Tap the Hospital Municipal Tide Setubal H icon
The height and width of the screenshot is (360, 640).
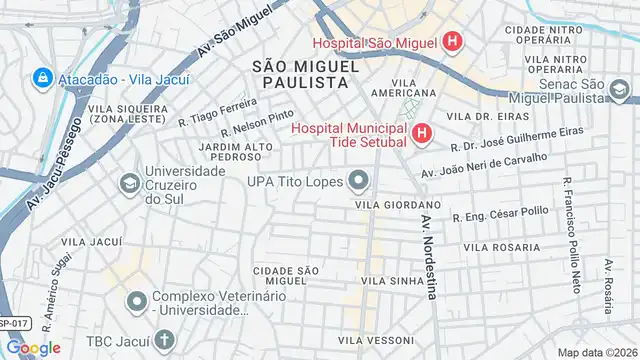tap(422, 133)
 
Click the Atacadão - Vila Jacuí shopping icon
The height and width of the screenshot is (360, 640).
tap(44, 76)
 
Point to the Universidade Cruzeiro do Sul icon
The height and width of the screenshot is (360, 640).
tap(128, 184)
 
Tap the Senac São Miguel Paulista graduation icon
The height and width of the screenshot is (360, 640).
tap(620, 93)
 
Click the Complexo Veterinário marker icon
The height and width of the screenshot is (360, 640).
tap(137, 300)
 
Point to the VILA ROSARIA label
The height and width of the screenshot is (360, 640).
tap(503, 247)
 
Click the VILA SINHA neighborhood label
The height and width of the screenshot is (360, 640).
tap(387, 282)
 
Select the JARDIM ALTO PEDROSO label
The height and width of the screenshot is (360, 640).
tap(236, 151)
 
